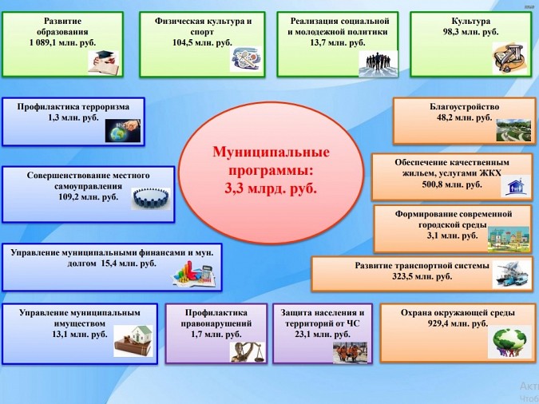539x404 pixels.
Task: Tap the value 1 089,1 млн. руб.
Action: (63, 44)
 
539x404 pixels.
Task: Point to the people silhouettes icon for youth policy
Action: (378, 61)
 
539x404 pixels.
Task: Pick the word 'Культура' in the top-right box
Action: (470, 20)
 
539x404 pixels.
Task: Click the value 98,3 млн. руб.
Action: (470, 32)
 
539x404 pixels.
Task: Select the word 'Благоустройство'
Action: (464, 105)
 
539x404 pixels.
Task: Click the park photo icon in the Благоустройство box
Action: (513, 129)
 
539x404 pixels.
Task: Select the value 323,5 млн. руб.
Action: (421, 276)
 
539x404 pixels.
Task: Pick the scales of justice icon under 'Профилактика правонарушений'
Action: (244, 351)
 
